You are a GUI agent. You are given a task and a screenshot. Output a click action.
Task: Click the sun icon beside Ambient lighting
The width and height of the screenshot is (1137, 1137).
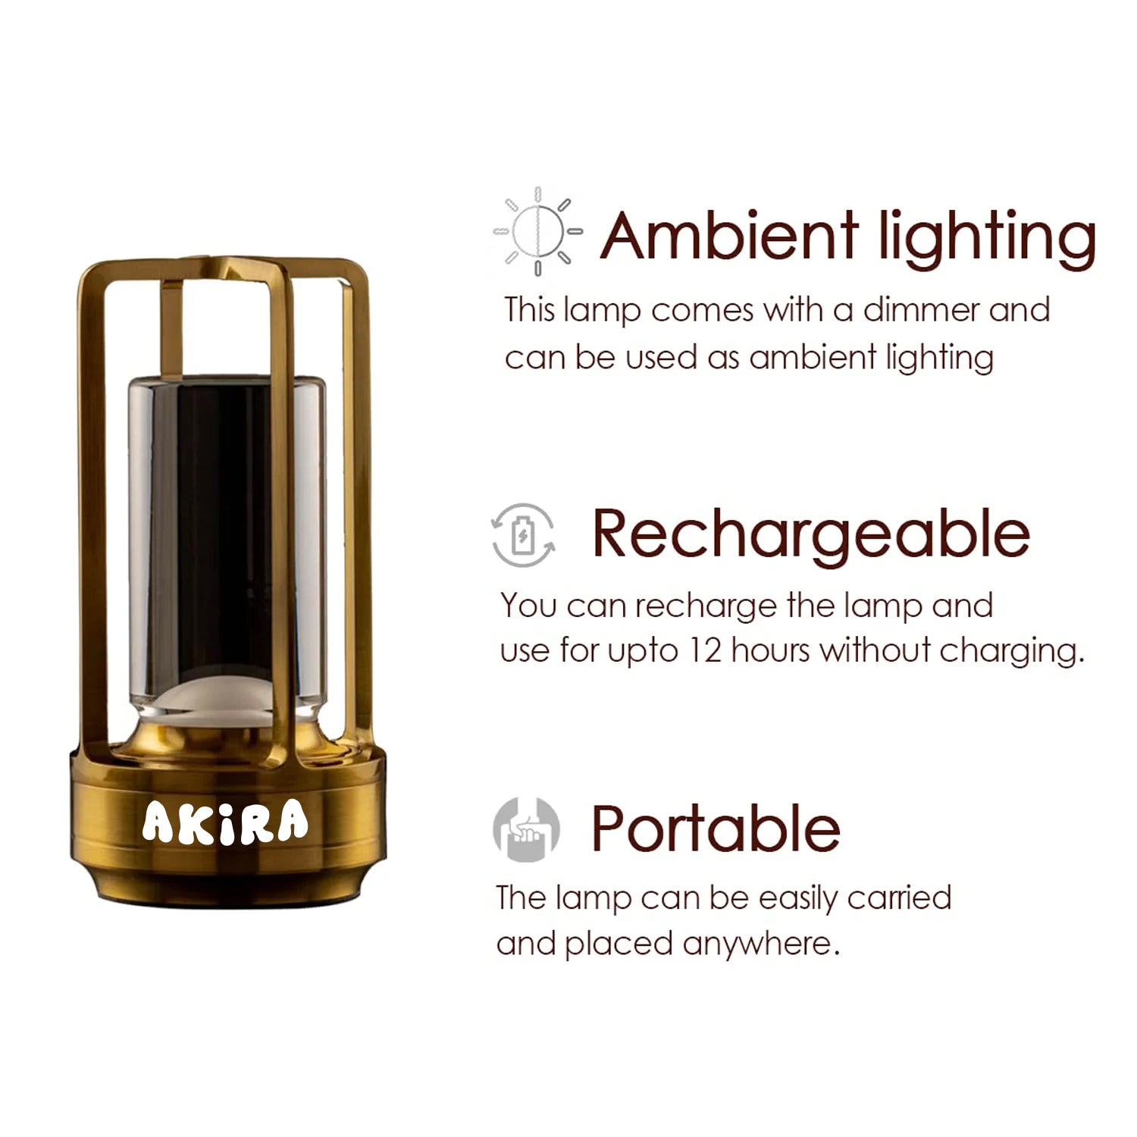tap(537, 230)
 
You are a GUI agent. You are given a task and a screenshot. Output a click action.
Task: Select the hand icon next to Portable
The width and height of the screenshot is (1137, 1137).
tap(526, 829)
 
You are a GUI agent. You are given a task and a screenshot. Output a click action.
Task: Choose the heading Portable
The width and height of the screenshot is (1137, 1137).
tap(716, 828)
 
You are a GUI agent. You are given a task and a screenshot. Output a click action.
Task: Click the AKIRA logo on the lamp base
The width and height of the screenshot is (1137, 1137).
tap(225, 822)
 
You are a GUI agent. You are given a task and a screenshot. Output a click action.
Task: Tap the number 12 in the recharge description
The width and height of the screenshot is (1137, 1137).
tap(706, 650)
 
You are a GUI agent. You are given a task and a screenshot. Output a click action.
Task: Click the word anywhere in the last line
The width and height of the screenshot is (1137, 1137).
tap(761, 945)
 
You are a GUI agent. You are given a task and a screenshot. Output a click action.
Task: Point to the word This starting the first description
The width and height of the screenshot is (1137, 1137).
tap(530, 310)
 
